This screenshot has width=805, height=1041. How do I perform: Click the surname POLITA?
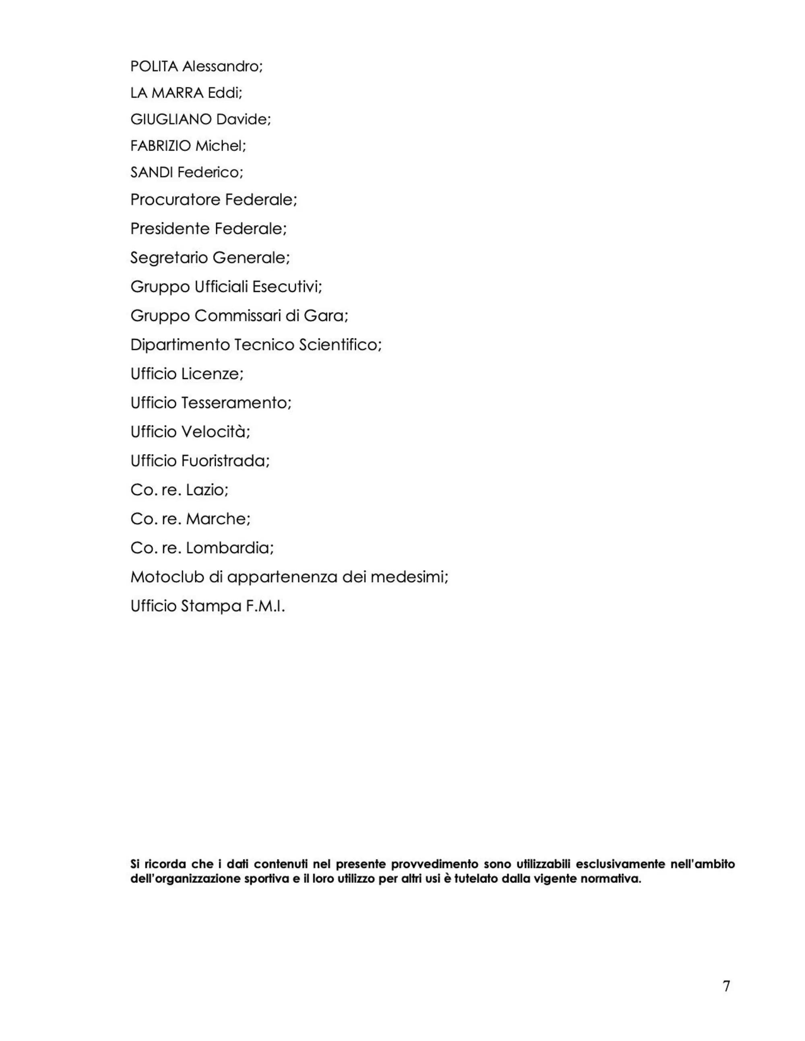coord(154,66)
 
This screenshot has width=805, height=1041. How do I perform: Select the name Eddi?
coord(225,93)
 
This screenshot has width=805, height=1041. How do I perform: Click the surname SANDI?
coord(152,172)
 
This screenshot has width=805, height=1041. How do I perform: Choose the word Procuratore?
coord(175,200)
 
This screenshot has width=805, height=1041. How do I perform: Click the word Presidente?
coord(170,229)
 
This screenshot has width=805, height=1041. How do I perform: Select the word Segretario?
coord(169,258)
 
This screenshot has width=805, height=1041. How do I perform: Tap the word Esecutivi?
coord(287,287)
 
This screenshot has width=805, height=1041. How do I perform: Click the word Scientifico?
coord(340,345)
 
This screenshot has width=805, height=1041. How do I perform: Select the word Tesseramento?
coord(236,403)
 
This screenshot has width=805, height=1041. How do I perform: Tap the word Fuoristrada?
coord(225,461)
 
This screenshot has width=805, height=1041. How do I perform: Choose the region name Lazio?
coord(207,490)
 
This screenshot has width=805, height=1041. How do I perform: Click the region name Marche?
coord(218,519)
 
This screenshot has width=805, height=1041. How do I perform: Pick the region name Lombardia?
coord(230,548)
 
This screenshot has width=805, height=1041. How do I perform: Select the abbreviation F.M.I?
coord(265,606)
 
